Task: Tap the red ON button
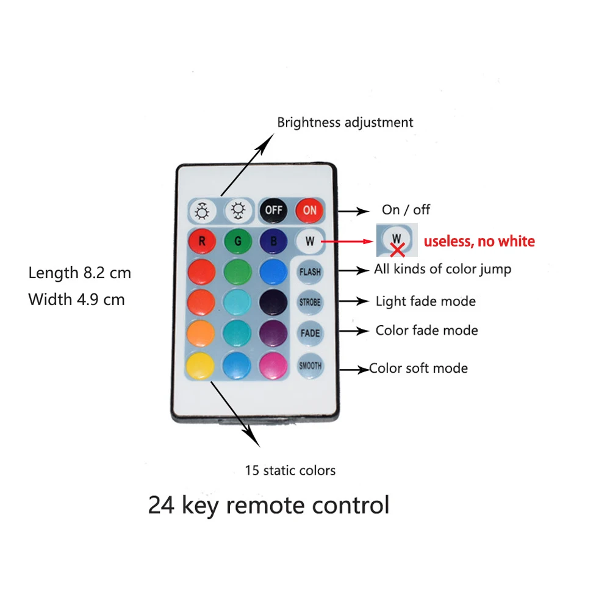pyautogui.click(x=309, y=210)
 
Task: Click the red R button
pyautogui.click(x=201, y=241)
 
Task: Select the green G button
pyautogui.click(x=237, y=241)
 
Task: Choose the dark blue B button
pyautogui.click(x=273, y=241)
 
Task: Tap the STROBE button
pyautogui.click(x=310, y=302)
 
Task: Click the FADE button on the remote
pyautogui.click(x=310, y=334)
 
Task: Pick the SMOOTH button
pyautogui.click(x=310, y=366)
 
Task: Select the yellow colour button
pyautogui.click(x=201, y=365)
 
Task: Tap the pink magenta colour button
pyautogui.click(x=273, y=365)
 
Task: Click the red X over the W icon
pyautogui.click(x=398, y=249)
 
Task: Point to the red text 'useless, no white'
pyautogui.click(x=479, y=242)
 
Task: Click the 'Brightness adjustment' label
pyautogui.click(x=345, y=122)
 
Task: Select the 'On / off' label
pyautogui.click(x=406, y=210)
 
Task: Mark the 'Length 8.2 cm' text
pyautogui.click(x=79, y=273)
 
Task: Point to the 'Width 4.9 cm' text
pyautogui.click(x=76, y=300)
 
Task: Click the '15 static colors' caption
pyautogui.click(x=290, y=470)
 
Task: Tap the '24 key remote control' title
pyautogui.click(x=268, y=506)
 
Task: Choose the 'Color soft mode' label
pyautogui.click(x=418, y=368)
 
